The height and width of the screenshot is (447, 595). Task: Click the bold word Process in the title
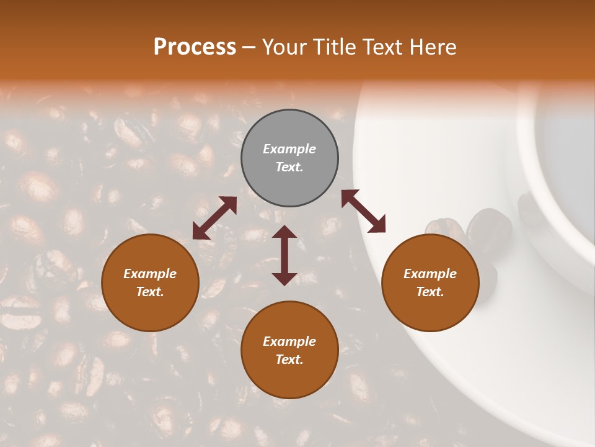(195, 47)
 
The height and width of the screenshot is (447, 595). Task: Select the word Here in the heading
(432, 47)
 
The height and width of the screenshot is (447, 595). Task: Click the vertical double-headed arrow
(284, 255)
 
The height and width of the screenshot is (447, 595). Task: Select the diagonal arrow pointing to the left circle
(214, 218)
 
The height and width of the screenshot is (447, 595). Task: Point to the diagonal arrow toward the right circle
(363, 211)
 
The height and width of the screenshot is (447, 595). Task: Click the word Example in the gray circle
(289, 149)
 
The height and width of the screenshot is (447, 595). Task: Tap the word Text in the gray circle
(289, 167)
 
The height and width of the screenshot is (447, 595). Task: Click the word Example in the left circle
(150, 274)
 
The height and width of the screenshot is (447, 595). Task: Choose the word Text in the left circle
(150, 292)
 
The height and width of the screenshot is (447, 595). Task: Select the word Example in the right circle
(430, 274)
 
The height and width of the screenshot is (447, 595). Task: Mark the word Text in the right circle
(430, 292)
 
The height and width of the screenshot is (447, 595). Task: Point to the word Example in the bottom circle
(289, 341)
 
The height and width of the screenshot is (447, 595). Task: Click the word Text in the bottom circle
(289, 359)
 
